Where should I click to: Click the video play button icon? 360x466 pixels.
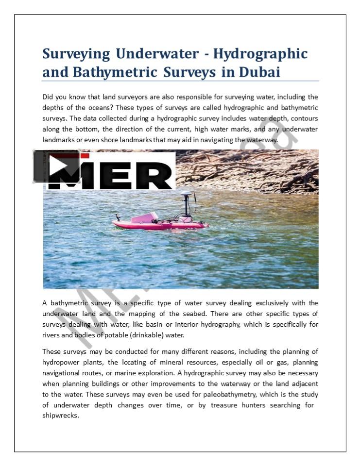click(56, 166)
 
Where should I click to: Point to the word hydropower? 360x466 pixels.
click(62, 362)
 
